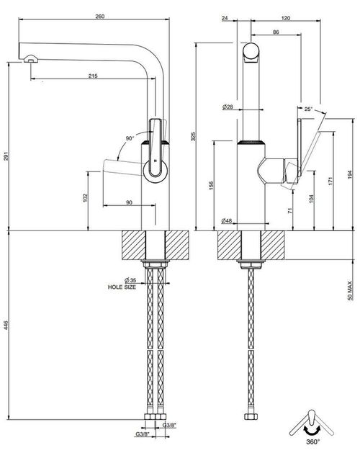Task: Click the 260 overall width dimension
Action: (100, 17)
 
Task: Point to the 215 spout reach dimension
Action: (93, 76)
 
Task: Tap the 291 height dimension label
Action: (6, 156)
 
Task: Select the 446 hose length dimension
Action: (6, 325)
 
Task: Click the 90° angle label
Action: (130, 138)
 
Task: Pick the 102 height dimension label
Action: (86, 197)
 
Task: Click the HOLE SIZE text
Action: (122, 287)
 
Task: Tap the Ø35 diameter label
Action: (130, 280)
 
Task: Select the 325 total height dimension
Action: (193, 136)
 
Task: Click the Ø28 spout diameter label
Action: (228, 107)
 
